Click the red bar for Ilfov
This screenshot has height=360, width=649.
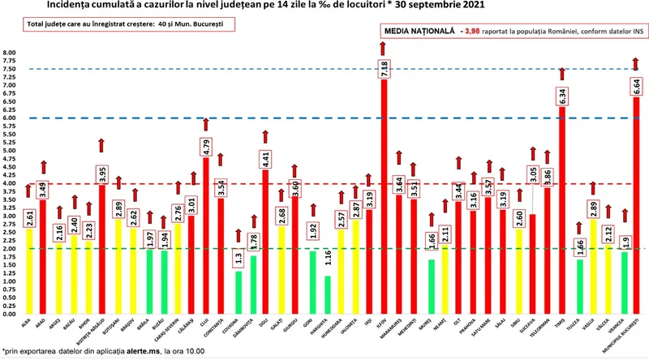click(x=384, y=203)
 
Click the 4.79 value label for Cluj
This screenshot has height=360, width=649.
click(x=207, y=147)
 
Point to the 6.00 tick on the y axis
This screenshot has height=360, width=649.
click(x=10, y=118)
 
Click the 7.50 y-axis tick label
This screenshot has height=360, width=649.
click(x=10, y=70)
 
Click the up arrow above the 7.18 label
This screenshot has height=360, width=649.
click(x=384, y=48)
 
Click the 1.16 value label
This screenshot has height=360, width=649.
click(x=327, y=261)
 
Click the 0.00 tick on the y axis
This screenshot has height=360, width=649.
click(x=10, y=314)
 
